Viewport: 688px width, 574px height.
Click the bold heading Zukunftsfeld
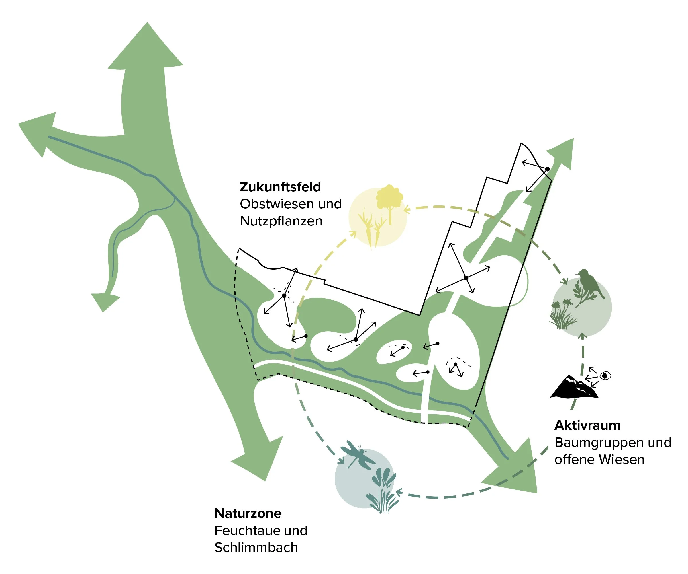pos(280,187)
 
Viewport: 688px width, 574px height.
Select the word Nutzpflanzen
pos(281,221)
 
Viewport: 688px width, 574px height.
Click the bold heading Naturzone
pos(248,513)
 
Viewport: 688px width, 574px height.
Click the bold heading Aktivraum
pos(587,425)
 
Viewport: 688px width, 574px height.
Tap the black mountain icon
pos(574,388)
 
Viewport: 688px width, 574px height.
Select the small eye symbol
pos(605,375)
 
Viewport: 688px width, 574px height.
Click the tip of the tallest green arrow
pos(147,23)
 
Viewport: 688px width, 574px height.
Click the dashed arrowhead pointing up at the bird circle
pos(582,336)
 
